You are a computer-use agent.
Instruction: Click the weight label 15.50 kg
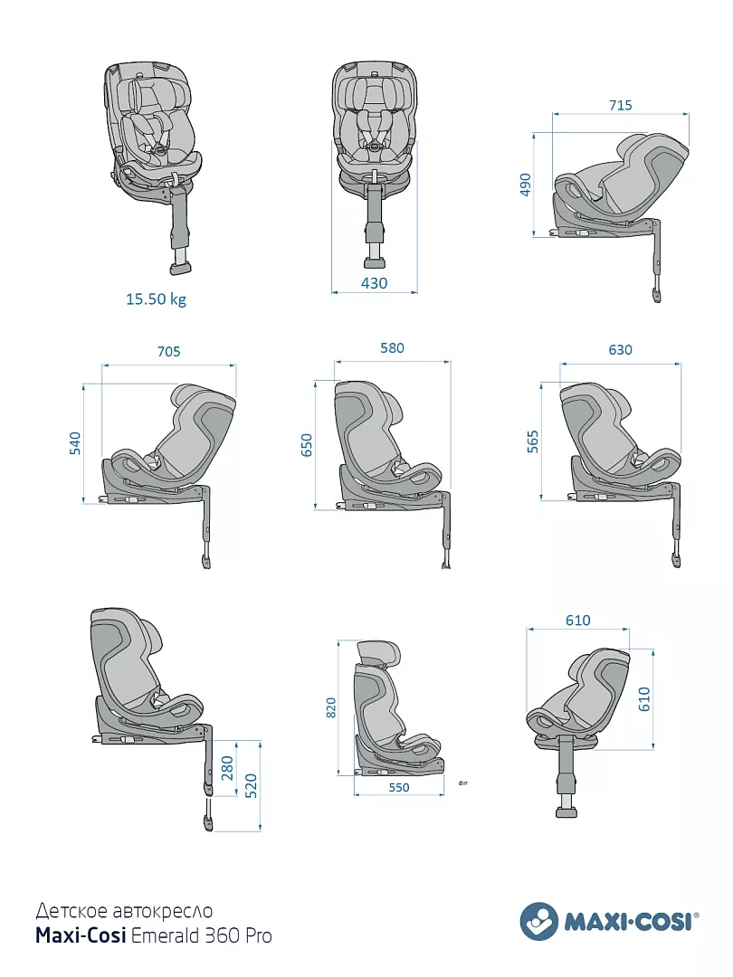point(156,299)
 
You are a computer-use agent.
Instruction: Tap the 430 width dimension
point(374,283)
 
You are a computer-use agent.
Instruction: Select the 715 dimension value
point(621,105)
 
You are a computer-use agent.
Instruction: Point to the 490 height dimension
point(525,185)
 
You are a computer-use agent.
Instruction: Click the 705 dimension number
point(169,351)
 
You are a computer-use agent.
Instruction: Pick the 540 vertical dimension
point(75,443)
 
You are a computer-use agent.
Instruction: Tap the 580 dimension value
point(392,348)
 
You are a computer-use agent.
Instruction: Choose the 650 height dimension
point(307,445)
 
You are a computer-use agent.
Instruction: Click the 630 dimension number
point(620,350)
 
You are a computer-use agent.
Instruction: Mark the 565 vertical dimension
point(532,441)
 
